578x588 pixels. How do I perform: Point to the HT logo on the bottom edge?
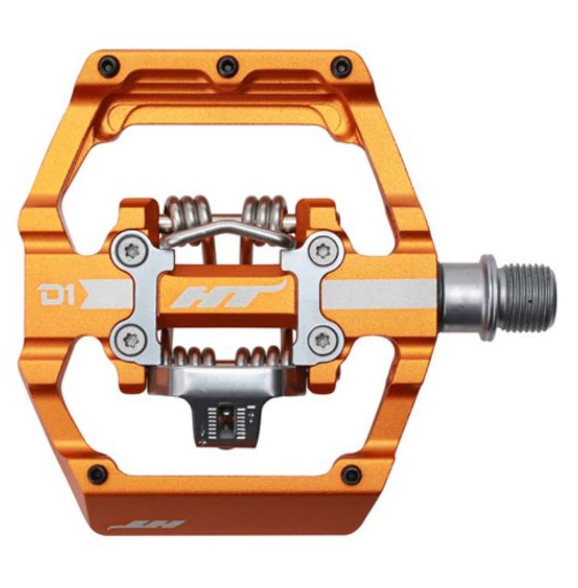pos(147,526)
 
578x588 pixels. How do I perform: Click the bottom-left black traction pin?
pos(97,474)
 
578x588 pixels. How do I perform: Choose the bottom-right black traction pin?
pos(352,475)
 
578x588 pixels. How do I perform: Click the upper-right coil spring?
pos(263,210)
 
